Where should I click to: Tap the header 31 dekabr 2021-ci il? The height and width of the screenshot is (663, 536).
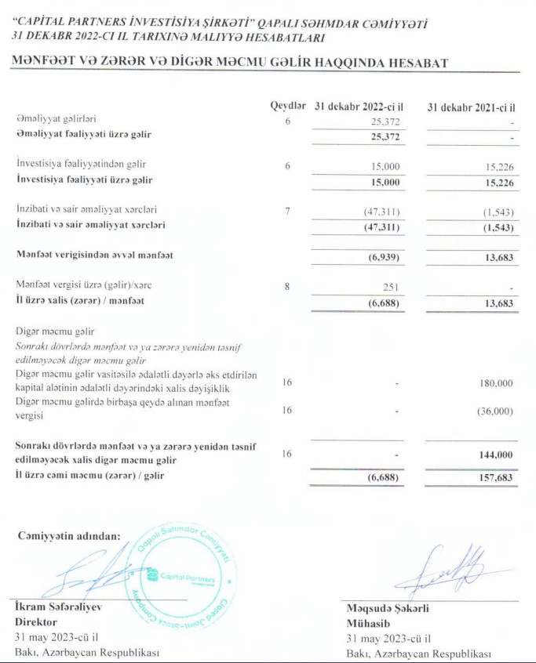(476, 106)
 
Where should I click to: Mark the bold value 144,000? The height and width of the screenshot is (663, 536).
(494, 455)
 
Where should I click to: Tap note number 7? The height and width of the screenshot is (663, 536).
(288, 212)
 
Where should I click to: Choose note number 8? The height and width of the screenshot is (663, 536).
(288, 287)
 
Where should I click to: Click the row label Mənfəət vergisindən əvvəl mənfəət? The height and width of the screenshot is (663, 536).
(95, 255)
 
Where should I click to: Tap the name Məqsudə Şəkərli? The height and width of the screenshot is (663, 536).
(388, 607)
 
